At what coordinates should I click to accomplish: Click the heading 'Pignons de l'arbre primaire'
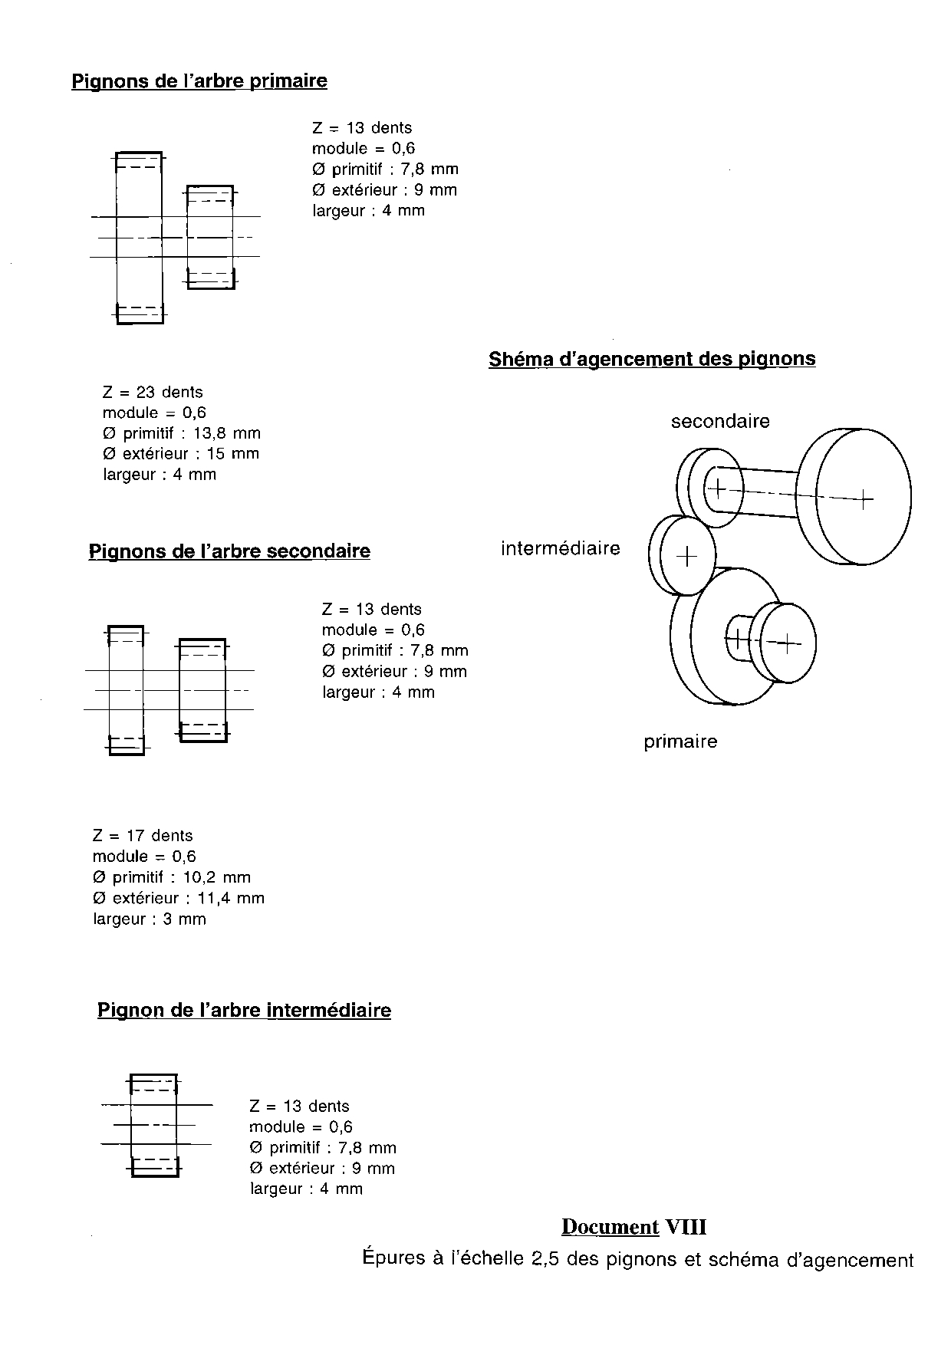[x=199, y=81]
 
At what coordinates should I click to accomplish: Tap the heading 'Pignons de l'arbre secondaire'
[x=229, y=551]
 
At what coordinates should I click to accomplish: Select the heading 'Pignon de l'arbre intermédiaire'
[x=244, y=1010]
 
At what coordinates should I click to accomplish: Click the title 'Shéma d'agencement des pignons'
[x=652, y=359]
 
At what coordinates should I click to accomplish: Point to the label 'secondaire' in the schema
[x=720, y=421]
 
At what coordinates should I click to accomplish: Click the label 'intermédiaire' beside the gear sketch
[x=561, y=548]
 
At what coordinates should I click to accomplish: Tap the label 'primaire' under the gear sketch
[x=680, y=742]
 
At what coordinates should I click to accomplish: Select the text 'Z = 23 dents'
[x=153, y=393]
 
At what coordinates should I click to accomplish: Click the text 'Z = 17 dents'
[x=143, y=836]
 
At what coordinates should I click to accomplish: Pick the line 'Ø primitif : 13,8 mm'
[x=182, y=433]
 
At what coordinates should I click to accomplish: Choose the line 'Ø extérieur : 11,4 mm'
[x=179, y=898]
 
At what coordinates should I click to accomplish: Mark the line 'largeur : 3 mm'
[x=150, y=919]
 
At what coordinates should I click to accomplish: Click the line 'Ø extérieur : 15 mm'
[x=181, y=454]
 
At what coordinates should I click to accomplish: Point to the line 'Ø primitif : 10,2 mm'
[x=172, y=877]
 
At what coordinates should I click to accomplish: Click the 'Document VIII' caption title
[x=633, y=1227]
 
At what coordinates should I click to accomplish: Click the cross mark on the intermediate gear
[x=687, y=556]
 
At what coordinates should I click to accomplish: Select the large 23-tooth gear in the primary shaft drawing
[x=139, y=238]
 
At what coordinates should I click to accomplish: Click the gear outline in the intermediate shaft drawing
[x=154, y=1125]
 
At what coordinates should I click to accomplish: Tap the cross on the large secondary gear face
[x=864, y=499]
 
